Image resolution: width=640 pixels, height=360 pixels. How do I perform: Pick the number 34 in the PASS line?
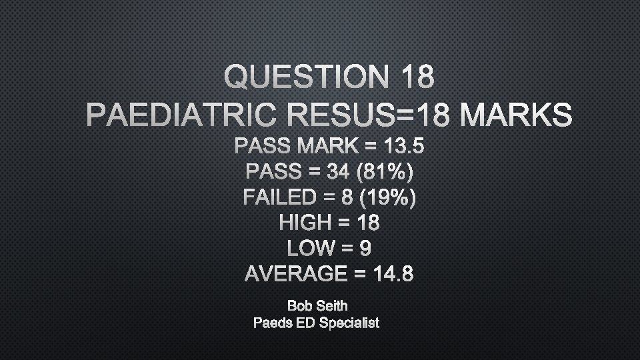coord(339,172)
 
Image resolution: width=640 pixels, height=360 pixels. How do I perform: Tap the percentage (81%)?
coord(385,172)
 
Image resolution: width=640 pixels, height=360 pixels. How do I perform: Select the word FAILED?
coord(280,198)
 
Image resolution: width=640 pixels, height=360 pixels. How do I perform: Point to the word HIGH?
coord(305,223)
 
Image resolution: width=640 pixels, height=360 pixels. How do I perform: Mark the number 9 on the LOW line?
coord(365,248)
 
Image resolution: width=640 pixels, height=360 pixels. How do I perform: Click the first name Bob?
coord(299,306)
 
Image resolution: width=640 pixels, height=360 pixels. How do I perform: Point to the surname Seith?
coord(331,306)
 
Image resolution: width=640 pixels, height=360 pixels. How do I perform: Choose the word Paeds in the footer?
coord(273,323)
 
